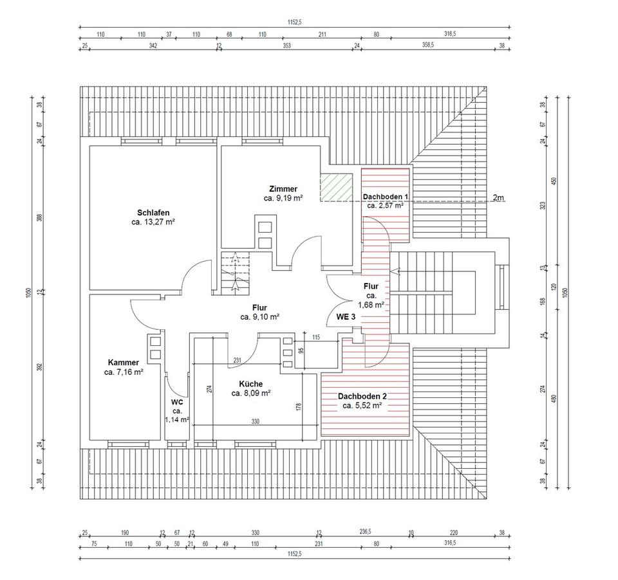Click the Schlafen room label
pos(153,213)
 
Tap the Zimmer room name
pos(283,189)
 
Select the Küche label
pos(250,384)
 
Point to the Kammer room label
pos(124,363)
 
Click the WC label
pos(177,403)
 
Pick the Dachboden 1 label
pos(386,197)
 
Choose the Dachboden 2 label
pos(362,397)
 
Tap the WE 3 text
pos(346,316)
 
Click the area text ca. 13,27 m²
pos(153,222)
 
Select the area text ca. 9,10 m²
pos(259,317)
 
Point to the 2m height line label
pos(498,197)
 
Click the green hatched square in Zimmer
pos(336,187)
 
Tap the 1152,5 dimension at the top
pos(294,23)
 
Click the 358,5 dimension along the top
pos(428,45)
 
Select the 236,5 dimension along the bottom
pos(366,532)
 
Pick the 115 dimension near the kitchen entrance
pos(316,338)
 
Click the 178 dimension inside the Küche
pos(298,408)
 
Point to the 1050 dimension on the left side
pos(28,293)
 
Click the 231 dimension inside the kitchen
pos(238,360)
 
